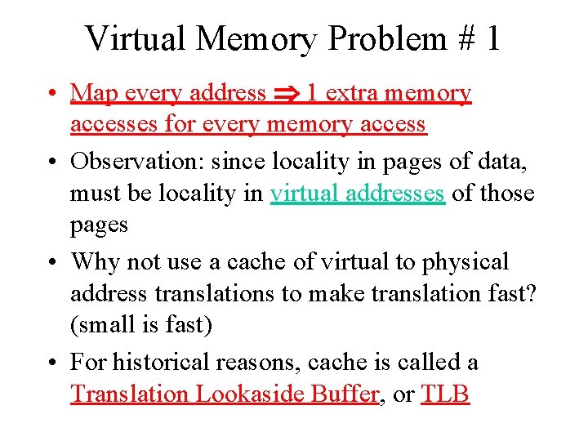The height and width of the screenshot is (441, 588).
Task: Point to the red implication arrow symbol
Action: pyautogui.click(x=286, y=94)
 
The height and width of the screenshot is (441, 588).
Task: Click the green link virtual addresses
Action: pyautogui.click(x=358, y=194)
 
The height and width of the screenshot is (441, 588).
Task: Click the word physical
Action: pyautogui.click(x=465, y=262)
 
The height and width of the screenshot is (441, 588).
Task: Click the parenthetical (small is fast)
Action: pyautogui.click(x=141, y=326)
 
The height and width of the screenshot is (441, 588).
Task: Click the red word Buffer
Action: pyautogui.click(x=345, y=394)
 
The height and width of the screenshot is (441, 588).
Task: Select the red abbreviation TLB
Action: pyautogui.click(x=445, y=394)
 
